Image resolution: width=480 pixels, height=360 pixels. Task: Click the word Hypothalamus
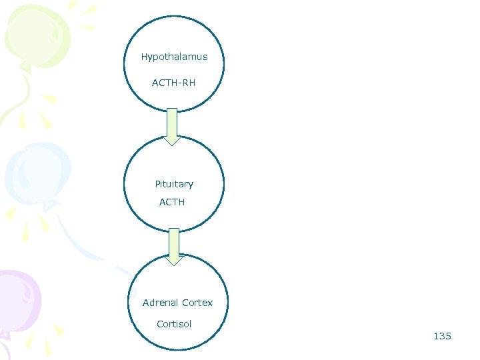tap(174, 57)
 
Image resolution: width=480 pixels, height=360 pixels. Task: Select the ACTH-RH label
tap(173, 83)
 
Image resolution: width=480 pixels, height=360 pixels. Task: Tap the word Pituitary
tap(174, 184)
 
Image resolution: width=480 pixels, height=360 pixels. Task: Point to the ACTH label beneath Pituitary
tap(172, 202)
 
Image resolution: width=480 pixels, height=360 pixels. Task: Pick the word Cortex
tap(198, 303)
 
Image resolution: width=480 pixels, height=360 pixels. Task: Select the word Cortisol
tap(174, 324)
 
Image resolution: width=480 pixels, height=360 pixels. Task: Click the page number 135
tap(442, 336)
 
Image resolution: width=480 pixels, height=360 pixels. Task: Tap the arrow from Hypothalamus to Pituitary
tap(172, 125)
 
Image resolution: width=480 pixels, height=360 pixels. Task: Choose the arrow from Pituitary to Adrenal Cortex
tap(174, 245)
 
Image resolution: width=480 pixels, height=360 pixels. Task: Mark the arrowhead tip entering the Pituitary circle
tap(172, 145)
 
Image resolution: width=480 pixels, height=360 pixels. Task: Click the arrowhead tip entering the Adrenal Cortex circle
tap(174, 265)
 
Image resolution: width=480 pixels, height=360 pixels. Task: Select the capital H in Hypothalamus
tap(144, 57)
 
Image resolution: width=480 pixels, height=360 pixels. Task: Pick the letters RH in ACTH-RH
tap(189, 83)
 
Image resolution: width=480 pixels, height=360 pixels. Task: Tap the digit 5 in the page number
tap(448, 336)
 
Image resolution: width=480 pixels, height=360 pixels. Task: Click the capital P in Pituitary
tap(157, 184)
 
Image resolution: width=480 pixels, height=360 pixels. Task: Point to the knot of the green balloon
tap(25, 66)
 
